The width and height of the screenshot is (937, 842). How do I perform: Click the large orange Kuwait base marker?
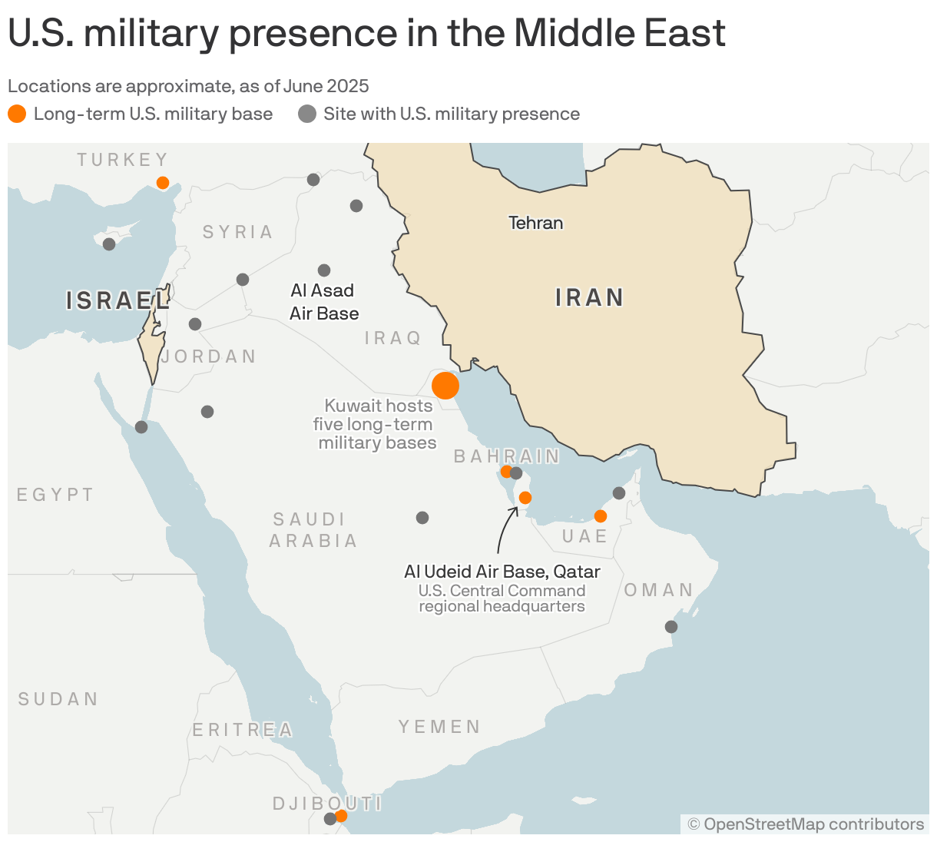pos(445,385)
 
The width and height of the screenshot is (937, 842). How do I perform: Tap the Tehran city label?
pos(536,223)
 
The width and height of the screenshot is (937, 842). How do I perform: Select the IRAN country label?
pos(589,297)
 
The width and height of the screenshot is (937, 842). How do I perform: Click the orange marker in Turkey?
pos(163,183)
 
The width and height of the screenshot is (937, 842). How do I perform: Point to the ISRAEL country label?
pos(118,300)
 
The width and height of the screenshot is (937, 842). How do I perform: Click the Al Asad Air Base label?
pos(323,302)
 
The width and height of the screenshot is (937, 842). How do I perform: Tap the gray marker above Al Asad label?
pos(324,270)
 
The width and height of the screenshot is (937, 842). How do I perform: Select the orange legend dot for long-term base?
pos(17,114)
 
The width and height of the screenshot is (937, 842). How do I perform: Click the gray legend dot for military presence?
pos(307,114)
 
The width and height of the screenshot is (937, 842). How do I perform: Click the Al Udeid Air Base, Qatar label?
pos(502,572)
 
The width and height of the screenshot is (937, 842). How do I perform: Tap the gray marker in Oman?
pos(671,627)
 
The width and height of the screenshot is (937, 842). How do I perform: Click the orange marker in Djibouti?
pos(341,816)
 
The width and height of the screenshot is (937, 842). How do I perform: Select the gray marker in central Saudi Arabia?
pos(422,518)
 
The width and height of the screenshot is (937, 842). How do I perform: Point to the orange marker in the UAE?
pos(601,516)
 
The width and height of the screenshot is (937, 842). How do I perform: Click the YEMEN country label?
pos(439,727)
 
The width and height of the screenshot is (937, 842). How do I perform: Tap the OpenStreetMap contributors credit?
pos(806,824)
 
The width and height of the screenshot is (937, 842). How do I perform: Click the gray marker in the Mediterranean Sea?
pos(109,244)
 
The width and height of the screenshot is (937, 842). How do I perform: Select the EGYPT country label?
pos(55,495)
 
